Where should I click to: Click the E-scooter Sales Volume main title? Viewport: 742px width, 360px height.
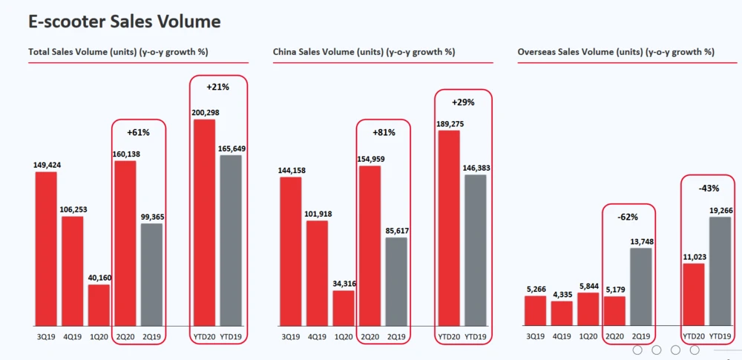coord(124,21)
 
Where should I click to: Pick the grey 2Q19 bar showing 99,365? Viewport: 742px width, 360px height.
coord(151,275)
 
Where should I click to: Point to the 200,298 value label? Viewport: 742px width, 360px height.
coord(204,113)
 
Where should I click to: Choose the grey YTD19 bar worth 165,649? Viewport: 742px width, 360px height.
coord(232,240)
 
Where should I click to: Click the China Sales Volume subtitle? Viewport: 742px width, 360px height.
coord(364,52)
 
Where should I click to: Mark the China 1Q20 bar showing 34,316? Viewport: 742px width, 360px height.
coord(343,308)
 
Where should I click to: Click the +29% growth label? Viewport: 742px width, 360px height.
coord(462,102)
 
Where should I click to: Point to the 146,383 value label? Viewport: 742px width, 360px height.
coord(476,168)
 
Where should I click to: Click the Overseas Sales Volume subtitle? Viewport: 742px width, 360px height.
coord(616,52)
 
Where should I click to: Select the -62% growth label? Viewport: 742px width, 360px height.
coord(627,216)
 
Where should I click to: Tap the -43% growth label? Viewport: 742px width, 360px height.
coord(706,188)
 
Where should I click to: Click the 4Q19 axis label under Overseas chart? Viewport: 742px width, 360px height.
coord(562,336)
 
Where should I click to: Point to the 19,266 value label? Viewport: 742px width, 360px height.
coord(719,210)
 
